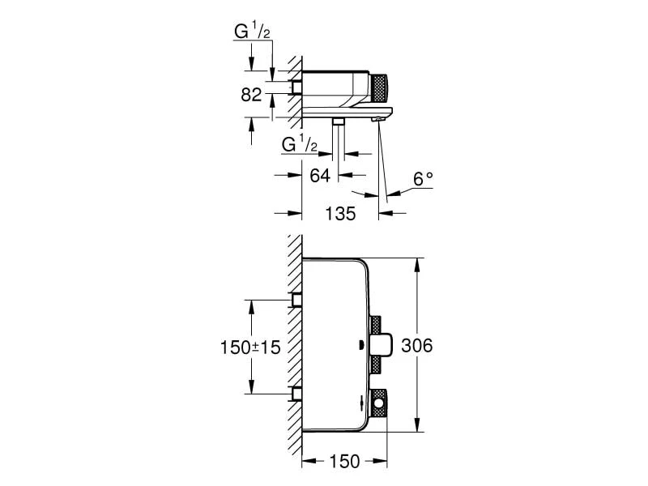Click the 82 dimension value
pos(251,95)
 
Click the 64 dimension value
pos(320,174)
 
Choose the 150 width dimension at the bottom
pos(345,462)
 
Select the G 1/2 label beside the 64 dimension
pos(299,144)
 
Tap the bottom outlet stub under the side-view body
pos(339,120)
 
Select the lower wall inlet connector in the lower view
pos(297,394)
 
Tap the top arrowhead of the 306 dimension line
pos(418,263)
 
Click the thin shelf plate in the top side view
pos(348,109)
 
